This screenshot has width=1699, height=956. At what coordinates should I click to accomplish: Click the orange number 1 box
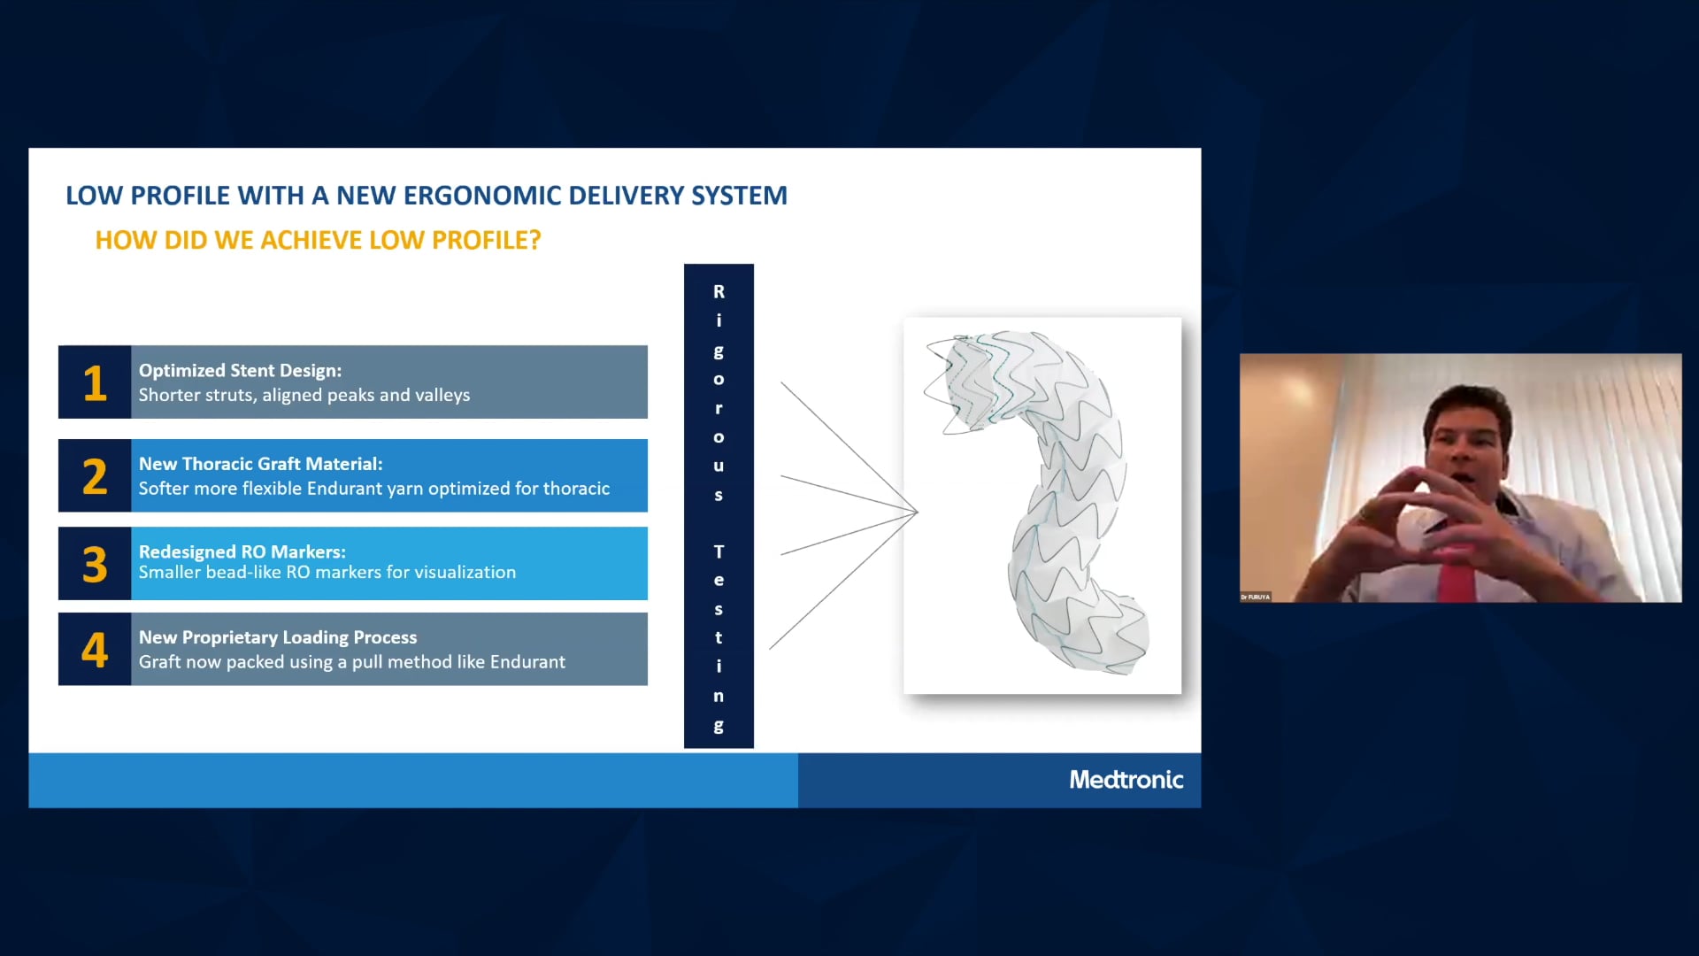95,382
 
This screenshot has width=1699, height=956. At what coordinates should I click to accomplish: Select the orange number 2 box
95,476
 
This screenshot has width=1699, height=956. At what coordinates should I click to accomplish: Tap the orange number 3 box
95,564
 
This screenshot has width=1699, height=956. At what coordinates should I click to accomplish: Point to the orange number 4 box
95,650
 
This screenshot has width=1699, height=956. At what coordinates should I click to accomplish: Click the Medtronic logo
1126,780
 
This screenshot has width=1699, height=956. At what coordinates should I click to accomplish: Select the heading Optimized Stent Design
240,371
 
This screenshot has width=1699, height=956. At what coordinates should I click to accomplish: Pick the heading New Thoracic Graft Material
260,464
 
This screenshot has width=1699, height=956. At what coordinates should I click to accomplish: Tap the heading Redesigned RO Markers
242,551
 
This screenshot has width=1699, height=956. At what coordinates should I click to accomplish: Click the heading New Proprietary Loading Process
277,637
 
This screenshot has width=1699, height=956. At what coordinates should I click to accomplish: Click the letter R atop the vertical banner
719,292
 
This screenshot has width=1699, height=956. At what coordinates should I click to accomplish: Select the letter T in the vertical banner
719,552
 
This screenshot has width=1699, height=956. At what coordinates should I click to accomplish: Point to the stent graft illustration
1042,505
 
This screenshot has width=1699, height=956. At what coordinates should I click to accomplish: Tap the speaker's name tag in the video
1255,597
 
